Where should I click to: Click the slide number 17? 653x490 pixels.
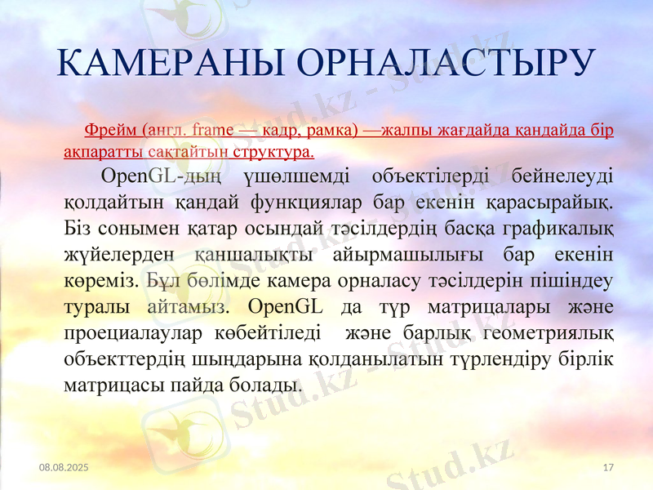coord(607,467)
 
